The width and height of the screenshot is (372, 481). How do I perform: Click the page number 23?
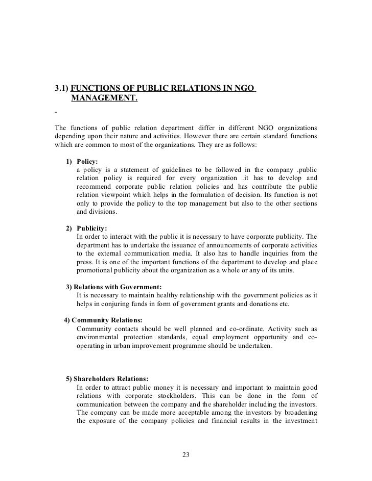(185, 455)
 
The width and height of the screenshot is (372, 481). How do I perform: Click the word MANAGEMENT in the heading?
(104, 97)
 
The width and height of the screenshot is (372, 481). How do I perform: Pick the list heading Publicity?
(91, 228)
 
